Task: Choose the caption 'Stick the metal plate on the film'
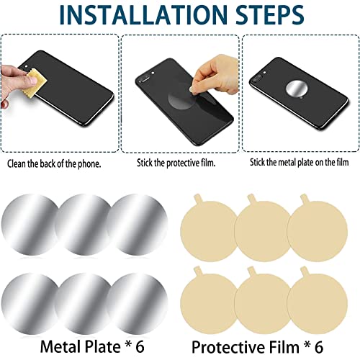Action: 300,163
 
